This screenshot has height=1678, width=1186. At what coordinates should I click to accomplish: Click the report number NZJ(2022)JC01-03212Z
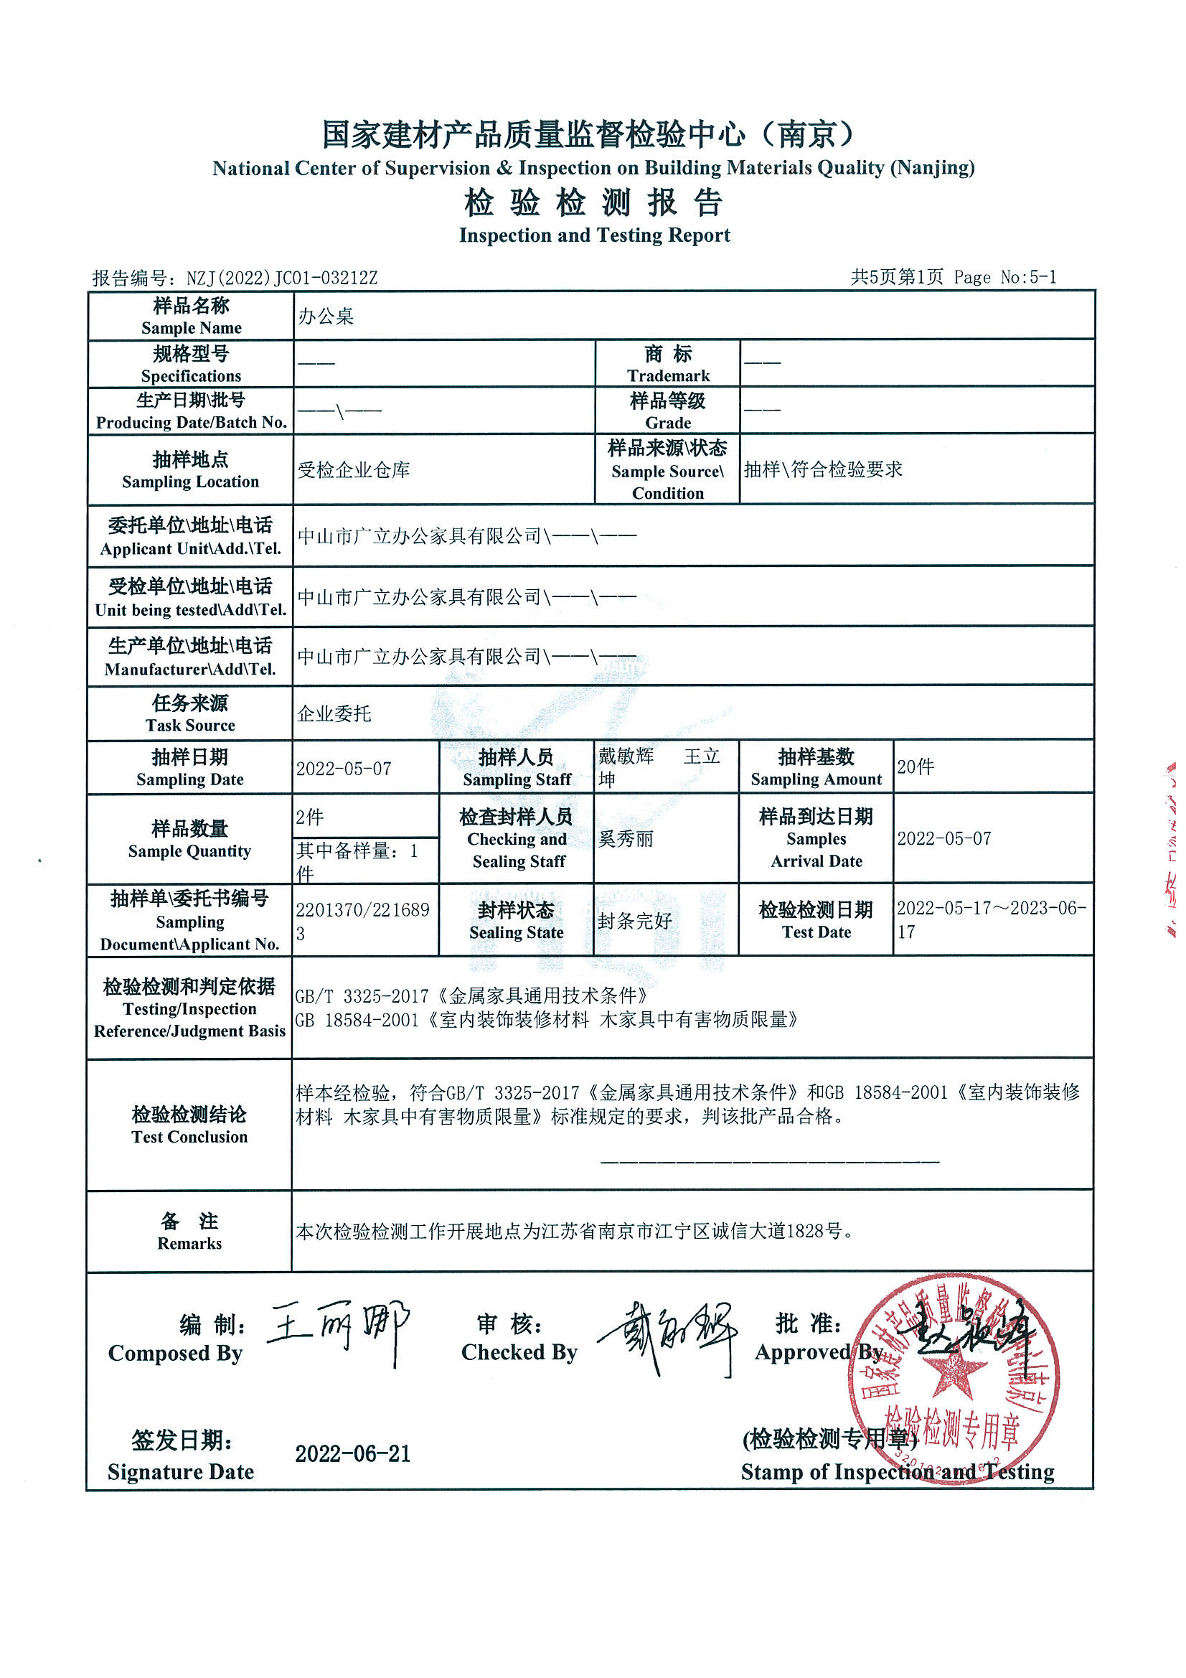[x=281, y=278]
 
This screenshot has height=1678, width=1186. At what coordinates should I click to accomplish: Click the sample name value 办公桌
[x=326, y=317]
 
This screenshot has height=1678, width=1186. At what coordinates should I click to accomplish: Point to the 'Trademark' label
[x=668, y=375]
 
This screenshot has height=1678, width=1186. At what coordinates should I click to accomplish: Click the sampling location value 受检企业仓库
[x=354, y=470]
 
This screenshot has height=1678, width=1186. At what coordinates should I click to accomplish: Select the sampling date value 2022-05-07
[x=344, y=769]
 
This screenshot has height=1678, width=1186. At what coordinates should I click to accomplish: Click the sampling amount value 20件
[x=916, y=767]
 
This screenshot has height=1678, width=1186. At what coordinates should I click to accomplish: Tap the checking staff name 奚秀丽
[x=626, y=839]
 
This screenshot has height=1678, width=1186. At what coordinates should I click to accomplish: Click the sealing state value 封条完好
[x=634, y=921]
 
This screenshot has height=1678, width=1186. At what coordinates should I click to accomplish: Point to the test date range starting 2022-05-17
[x=991, y=919]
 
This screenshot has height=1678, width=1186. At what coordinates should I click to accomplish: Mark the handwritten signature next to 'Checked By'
[x=669, y=1337]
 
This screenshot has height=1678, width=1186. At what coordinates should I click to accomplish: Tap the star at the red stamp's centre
[x=952, y=1377]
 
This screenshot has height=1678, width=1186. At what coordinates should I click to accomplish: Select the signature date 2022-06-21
[x=353, y=1454]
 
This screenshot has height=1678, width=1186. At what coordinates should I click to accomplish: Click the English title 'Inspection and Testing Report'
[x=594, y=235]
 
